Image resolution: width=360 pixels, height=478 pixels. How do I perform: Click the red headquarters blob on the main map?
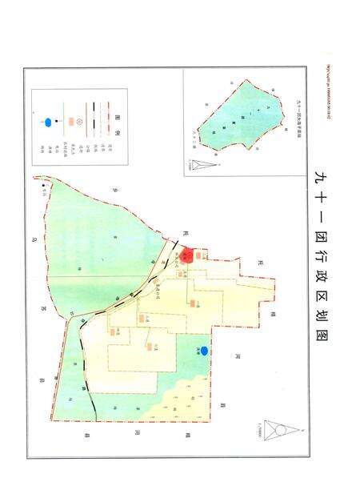pyautogui.click(x=186, y=256)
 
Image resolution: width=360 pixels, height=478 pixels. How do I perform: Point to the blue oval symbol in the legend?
pyautogui.click(x=49, y=122)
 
